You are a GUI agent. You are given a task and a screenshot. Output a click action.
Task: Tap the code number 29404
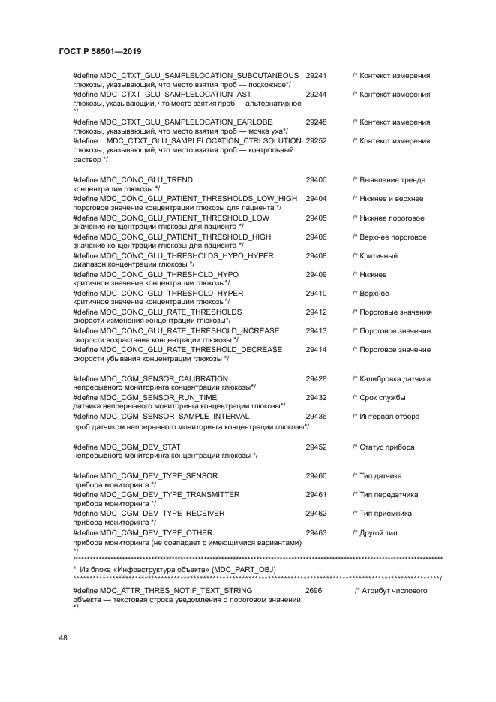(316, 199)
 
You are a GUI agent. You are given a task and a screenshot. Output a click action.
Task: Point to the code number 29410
(316, 293)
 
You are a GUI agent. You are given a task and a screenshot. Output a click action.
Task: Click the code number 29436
(316, 416)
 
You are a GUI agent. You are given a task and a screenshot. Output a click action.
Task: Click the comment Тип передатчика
(389, 495)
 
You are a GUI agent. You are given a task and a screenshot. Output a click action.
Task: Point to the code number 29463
(316, 532)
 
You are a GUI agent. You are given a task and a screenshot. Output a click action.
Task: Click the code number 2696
(314, 591)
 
